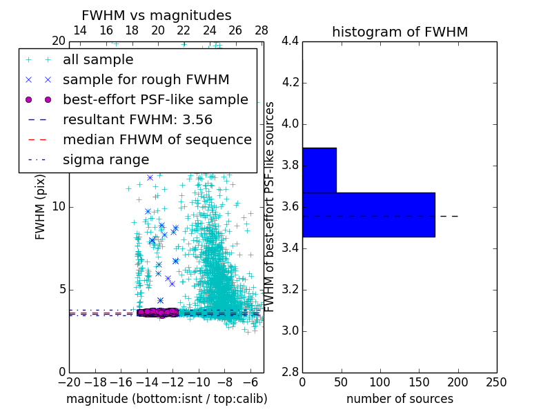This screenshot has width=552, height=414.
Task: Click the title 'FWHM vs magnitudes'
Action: [157, 15]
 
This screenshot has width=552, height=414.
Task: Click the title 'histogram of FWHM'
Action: [400, 32]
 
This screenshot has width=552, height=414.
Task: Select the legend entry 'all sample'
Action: [98, 60]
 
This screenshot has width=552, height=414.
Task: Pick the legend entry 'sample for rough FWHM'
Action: [146, 80]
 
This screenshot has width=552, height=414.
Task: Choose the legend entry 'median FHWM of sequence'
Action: [157, 140]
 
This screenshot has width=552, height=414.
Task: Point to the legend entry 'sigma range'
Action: [106, 160]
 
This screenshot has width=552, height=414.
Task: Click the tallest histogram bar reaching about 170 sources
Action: [368, 215]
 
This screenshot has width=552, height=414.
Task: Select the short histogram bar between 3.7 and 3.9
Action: [319, 170]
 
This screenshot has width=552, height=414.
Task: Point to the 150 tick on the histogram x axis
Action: [419, 382]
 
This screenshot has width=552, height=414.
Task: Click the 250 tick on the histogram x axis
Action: [496, 382]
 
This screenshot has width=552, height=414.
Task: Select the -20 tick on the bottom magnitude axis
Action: [69, 382]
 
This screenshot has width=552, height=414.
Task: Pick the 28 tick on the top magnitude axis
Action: [261, 30]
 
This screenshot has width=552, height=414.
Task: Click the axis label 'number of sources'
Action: [400, 399]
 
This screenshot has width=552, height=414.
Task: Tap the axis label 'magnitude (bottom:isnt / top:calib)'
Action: [166, 399]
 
